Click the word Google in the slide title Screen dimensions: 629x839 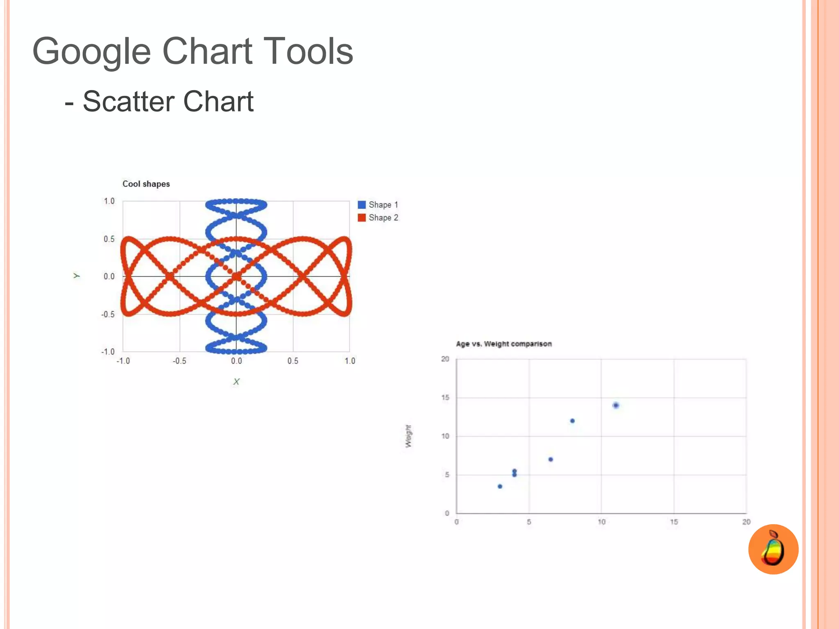pyautogui.click(x=91, y=52)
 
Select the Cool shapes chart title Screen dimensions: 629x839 pyautogui.click(x=146, y=184)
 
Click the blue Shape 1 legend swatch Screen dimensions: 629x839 pyautogui.click(x=361, y=205)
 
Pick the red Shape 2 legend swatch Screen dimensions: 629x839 pyautogui.click(x=361, y=217)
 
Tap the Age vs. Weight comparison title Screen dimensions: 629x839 pyautogui.click(x=503, y=344)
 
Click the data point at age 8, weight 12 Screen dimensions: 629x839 pyautogui.click(x=572, y=421)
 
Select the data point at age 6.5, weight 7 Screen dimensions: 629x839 pyautogui.click(x=551, y=459)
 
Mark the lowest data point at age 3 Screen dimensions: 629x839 pyautogui.click(x=500, y=486)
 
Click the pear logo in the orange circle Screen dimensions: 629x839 pyautogui.click(x=773, y=549)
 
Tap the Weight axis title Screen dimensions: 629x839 pyautogui.click(x=408, y=436)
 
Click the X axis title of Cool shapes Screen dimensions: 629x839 pyautogui.click(x=236, y=382)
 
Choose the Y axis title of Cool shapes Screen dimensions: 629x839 pyautogui.click(x=77, y=276)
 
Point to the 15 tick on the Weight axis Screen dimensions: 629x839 pyautogui.click(x=445, y=398)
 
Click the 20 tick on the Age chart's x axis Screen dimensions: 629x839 pyautogui.click(x=746, y=522)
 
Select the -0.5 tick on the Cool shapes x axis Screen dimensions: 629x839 pyautogui.click(x=179, y=361)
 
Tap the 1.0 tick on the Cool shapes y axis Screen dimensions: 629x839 pyautogui.click(x=109, y=201)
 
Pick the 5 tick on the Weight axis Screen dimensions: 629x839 pyautogui.click(x=447, y=475)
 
